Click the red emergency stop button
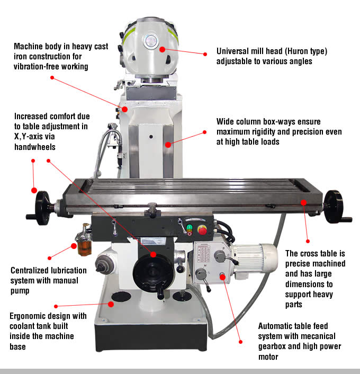[202, 230]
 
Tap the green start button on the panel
[189, 228]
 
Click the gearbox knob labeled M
[201, 274]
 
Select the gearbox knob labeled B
[219, 256]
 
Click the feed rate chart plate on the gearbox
[202, 255]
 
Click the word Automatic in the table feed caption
[277, 326]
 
